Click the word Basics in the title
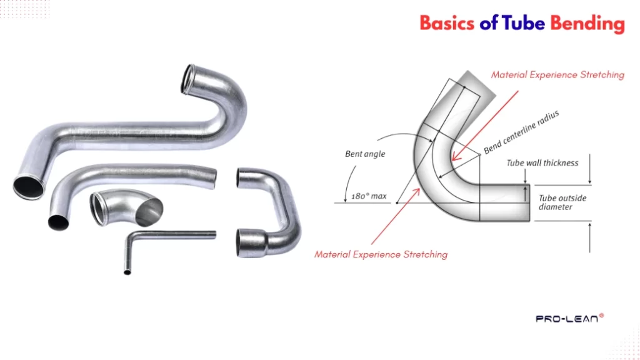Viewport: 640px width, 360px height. [447, 24]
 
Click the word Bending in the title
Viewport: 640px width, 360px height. [587, 24]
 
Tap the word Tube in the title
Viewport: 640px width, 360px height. [524, 24]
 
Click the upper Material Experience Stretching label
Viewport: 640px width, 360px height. [557, 75]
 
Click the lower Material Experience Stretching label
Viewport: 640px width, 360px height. [381, 254]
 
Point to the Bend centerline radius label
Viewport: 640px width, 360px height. [521, 132]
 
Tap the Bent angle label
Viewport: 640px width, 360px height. [366, 154]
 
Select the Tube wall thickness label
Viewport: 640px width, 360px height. [542, 163]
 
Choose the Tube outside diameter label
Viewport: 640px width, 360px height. [556, 202]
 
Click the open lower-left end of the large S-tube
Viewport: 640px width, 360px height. [28, 186]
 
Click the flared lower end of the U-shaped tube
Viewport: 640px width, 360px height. [250, 240]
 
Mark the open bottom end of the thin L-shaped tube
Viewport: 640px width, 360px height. [127, 272]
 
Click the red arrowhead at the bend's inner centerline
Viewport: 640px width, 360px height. [455, 157]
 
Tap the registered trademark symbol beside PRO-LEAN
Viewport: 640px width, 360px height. [601, 316]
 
